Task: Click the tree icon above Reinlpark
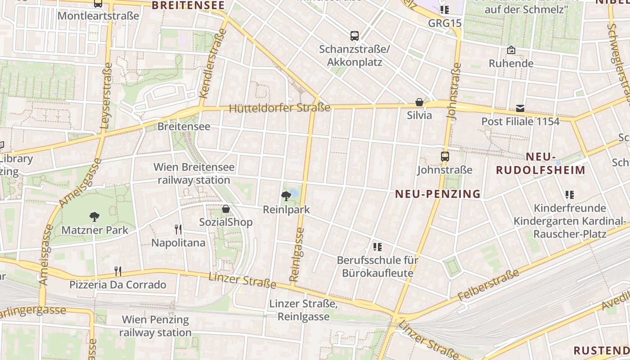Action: (286, 196)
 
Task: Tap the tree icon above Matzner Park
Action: (94, 217)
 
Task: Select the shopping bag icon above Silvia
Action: (419, 102)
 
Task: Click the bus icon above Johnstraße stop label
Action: (445, 157)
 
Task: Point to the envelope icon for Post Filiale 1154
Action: (520, 108)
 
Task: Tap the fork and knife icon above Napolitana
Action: (178, 229)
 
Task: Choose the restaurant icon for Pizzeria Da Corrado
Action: (118, 271)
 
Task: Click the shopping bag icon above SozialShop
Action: (226, 209)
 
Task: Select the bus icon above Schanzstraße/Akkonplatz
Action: (355, 36)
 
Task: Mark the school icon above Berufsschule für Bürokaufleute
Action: (377, 247)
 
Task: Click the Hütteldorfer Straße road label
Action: (279, 108)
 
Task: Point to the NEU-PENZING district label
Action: (438, 194)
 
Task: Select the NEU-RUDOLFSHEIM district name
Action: (540, 163)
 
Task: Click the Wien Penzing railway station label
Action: (155, 326)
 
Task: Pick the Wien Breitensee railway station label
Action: (193, 174)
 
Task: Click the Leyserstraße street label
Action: (107, 96)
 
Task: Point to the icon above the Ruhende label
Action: (511, 50)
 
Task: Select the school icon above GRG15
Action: (445, 10)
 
